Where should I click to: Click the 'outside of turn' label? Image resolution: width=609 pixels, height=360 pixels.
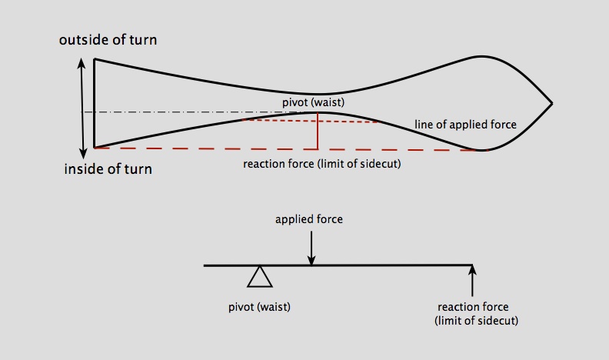tap(113, 40)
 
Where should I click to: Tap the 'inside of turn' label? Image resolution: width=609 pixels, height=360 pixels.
tap(108, 168)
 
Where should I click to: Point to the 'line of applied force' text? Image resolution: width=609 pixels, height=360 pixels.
tap(465, 125)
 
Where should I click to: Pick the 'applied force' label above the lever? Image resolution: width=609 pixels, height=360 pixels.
tap(309, 219)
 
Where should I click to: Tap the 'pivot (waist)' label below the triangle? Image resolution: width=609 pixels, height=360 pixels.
tap(259, 306)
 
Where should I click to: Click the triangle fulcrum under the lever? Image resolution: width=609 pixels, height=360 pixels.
tap(260, 276)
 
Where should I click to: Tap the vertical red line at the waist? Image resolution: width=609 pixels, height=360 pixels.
tap(318, 131)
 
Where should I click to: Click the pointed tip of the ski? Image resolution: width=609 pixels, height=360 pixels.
tap(550, 103)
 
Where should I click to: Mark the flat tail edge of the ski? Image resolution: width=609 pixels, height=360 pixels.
tap(94, 103)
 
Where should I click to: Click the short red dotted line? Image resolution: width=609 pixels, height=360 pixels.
tap(308, 120)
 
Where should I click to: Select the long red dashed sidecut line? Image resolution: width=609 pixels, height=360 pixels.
tap(231, 148)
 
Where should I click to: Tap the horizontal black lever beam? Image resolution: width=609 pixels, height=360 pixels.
tap(369, 265)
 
